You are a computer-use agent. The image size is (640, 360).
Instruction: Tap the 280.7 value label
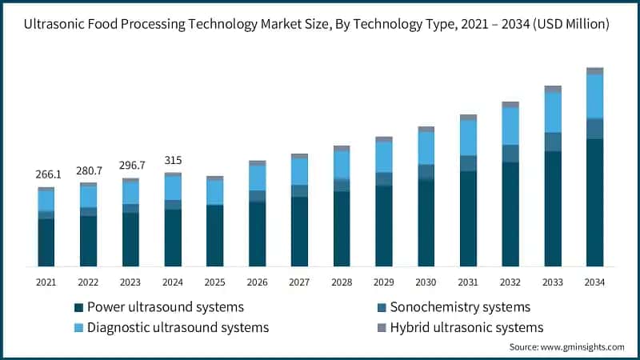(88, 170)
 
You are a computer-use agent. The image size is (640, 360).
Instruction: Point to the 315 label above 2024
(173, 161)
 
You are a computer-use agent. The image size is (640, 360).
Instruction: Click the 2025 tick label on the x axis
(214, 282)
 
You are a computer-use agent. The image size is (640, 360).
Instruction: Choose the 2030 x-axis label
(426, 282)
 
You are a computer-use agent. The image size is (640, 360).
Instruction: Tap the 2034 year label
(594, 282)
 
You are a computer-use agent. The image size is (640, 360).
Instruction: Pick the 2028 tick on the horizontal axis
(342, 282)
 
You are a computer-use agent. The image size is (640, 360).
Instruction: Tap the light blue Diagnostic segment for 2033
(552, 112)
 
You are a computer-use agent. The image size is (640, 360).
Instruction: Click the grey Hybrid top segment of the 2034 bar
(594, 71)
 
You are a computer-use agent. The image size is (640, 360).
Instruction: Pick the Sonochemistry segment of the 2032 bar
(510, 153)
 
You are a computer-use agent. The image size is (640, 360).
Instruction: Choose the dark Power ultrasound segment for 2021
(46, 242)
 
